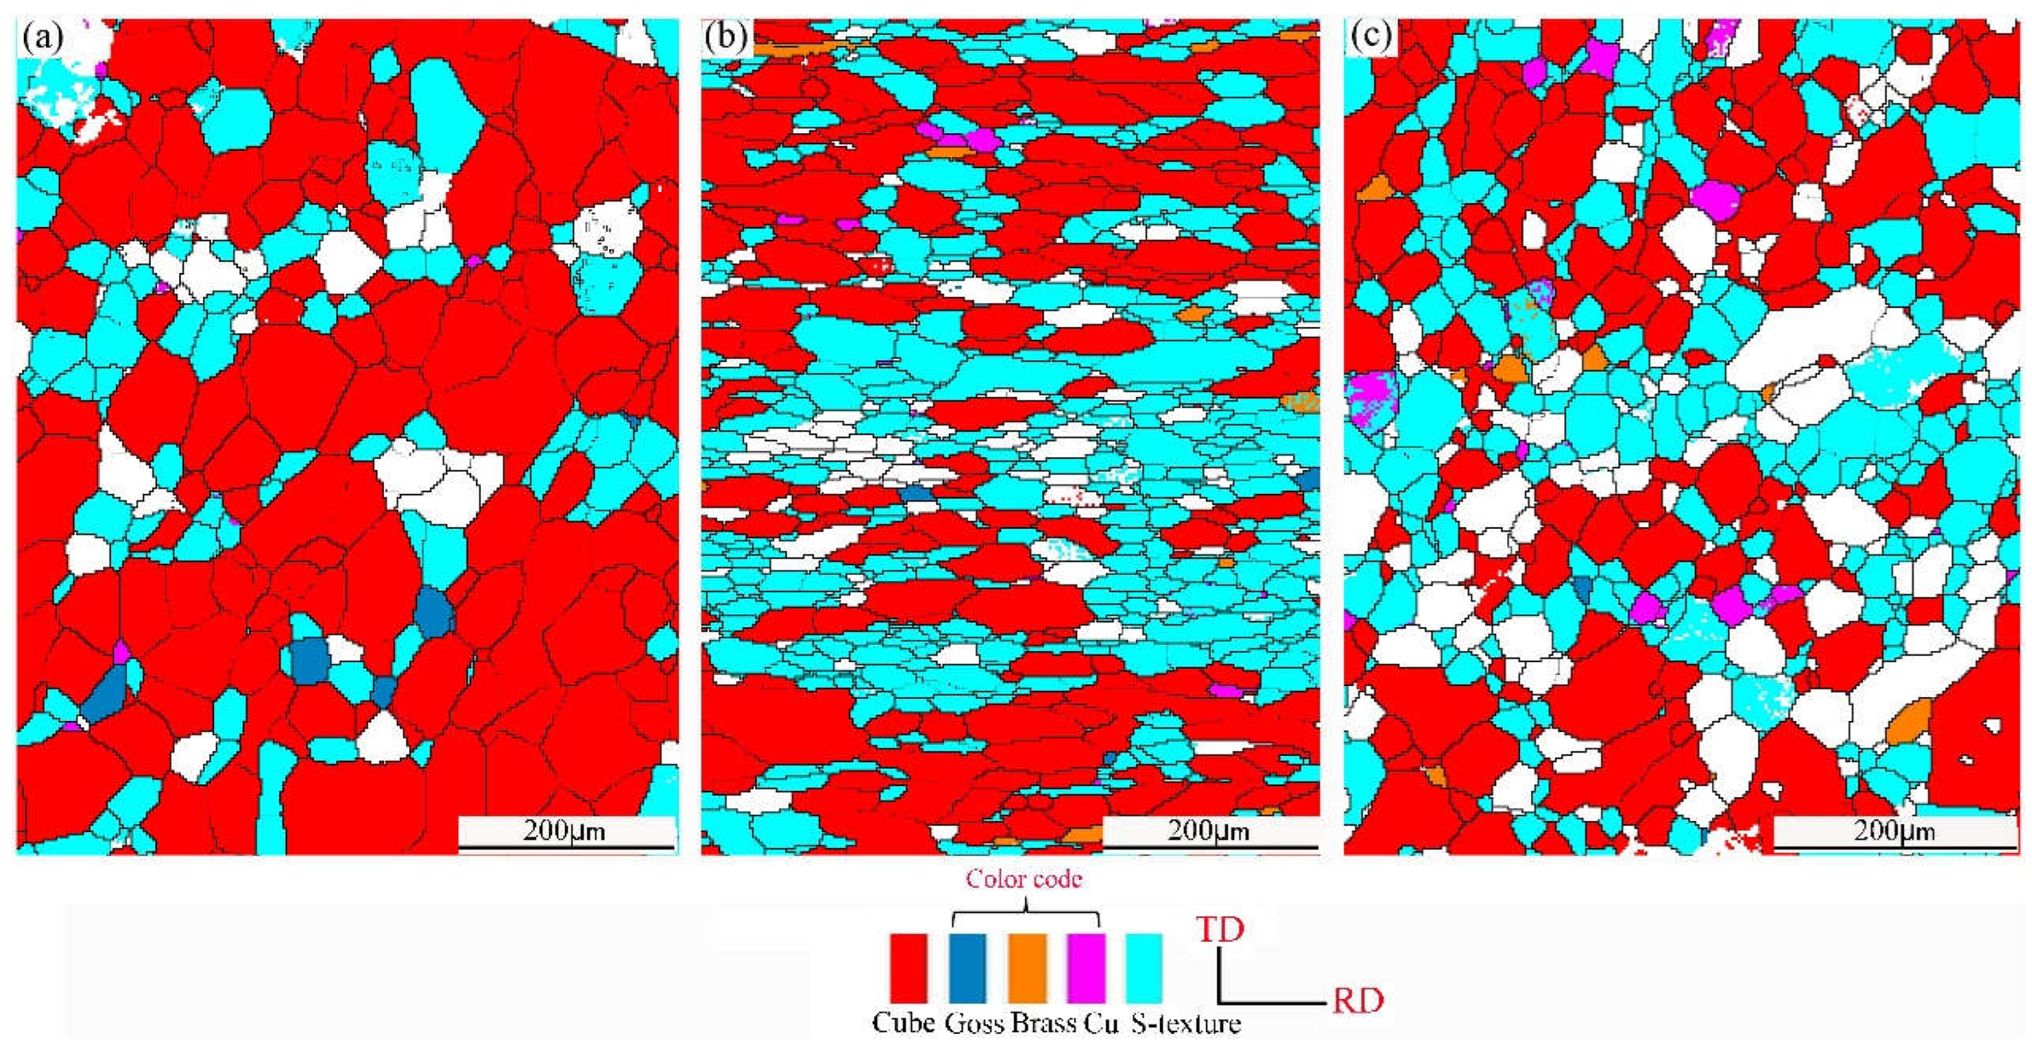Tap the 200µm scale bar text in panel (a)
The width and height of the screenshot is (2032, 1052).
coord(565,831)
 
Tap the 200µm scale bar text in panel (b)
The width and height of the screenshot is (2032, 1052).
coord(1208,831)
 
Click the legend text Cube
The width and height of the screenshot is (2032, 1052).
coord(903,1024)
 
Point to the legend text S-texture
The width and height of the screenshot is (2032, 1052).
coord(1186,1024)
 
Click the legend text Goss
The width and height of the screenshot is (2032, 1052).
coord(974,1024)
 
